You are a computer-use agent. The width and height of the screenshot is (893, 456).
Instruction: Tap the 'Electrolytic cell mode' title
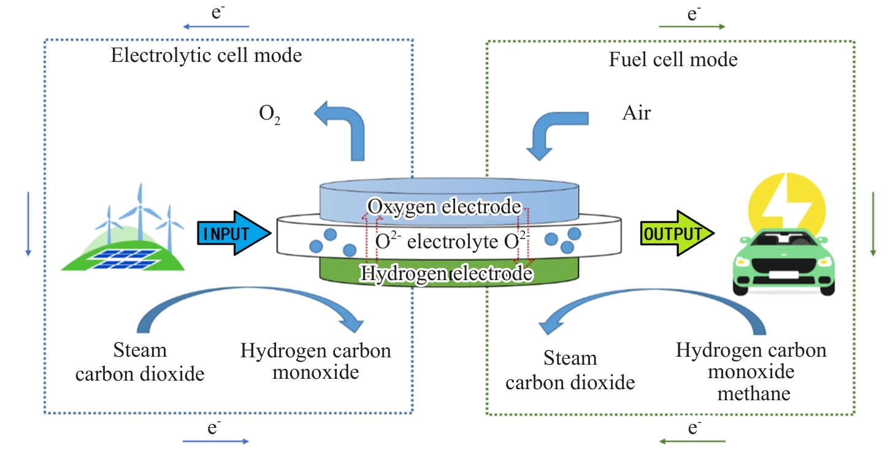click(x=206, y=56)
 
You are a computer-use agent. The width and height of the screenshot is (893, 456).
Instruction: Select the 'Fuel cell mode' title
click(x=673, y=60)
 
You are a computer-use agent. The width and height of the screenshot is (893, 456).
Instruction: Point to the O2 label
click(x=266, y=115)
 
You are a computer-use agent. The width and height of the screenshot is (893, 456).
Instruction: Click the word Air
click(x=636, y=113)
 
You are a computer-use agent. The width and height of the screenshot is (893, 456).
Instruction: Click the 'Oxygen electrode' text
click(x=444, y=207)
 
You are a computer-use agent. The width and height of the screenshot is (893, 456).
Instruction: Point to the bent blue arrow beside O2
click(x=342, y=129)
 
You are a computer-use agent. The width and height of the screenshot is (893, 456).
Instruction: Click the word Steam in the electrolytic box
click(x=140, y=350)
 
